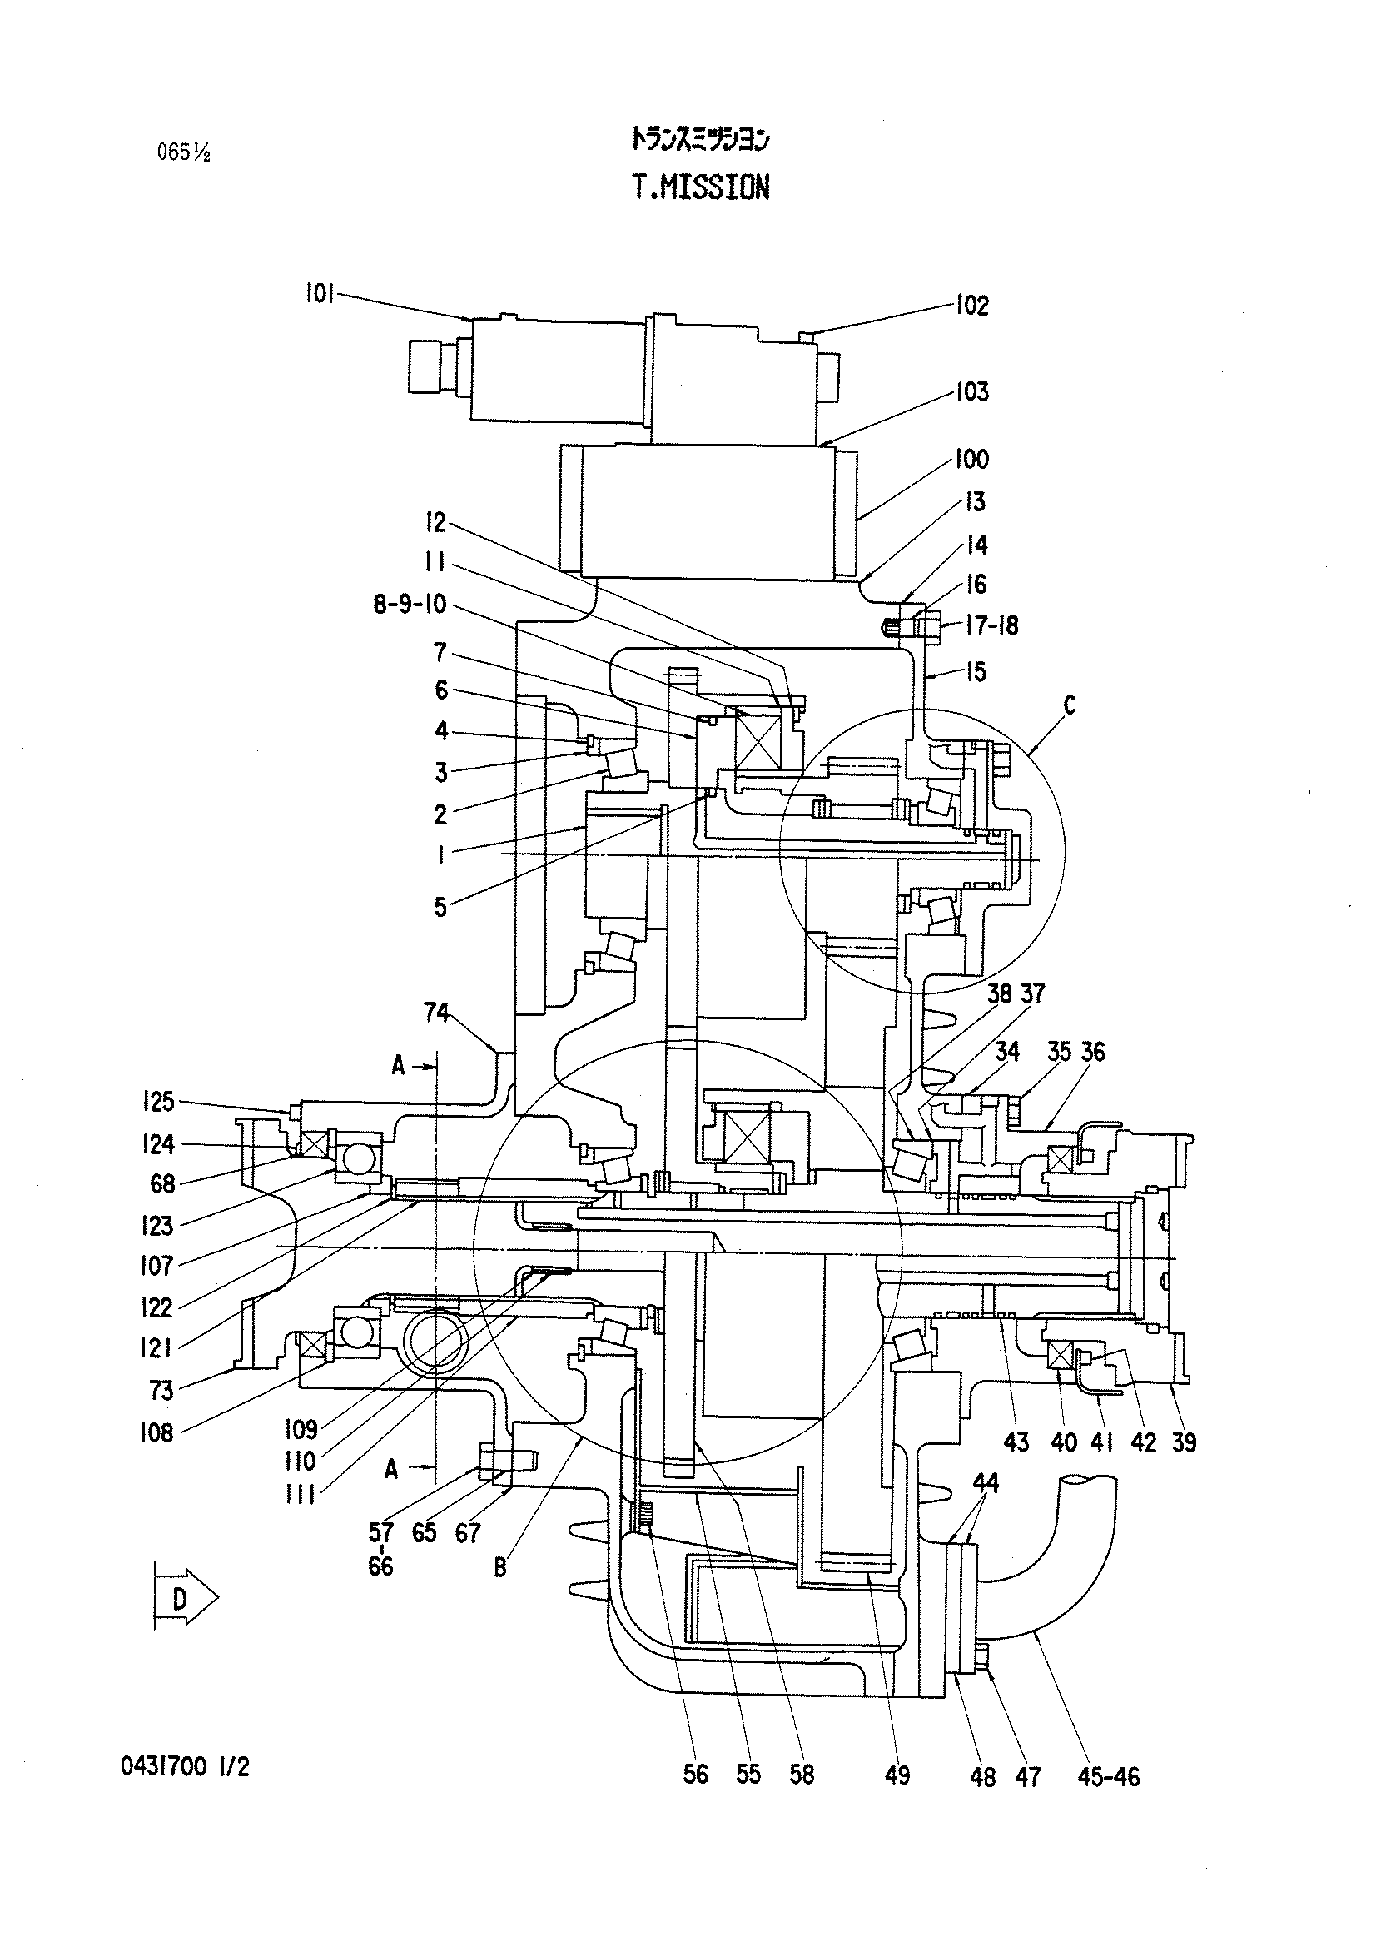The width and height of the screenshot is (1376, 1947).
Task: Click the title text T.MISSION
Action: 701,187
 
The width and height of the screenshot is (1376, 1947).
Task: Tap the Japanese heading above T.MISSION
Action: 700,139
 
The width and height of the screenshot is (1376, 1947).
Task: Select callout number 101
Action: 320,294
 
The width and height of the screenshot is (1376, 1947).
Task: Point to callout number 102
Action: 972,306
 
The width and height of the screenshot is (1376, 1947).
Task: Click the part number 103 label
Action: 972,391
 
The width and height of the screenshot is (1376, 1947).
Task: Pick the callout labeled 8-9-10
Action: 410,605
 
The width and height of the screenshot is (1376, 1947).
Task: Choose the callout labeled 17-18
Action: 992,626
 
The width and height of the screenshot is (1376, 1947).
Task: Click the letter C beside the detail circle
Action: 1069,705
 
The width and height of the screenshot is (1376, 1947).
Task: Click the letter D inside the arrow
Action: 179,1599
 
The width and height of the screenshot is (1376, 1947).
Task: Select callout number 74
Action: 436,1013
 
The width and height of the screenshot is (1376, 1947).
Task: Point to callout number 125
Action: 156,1102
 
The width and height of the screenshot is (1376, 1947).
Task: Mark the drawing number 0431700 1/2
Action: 186,1766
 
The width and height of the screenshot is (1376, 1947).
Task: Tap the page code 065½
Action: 183,152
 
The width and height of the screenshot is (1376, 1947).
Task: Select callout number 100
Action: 972,460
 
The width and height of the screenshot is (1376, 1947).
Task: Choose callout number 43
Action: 1016,1442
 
